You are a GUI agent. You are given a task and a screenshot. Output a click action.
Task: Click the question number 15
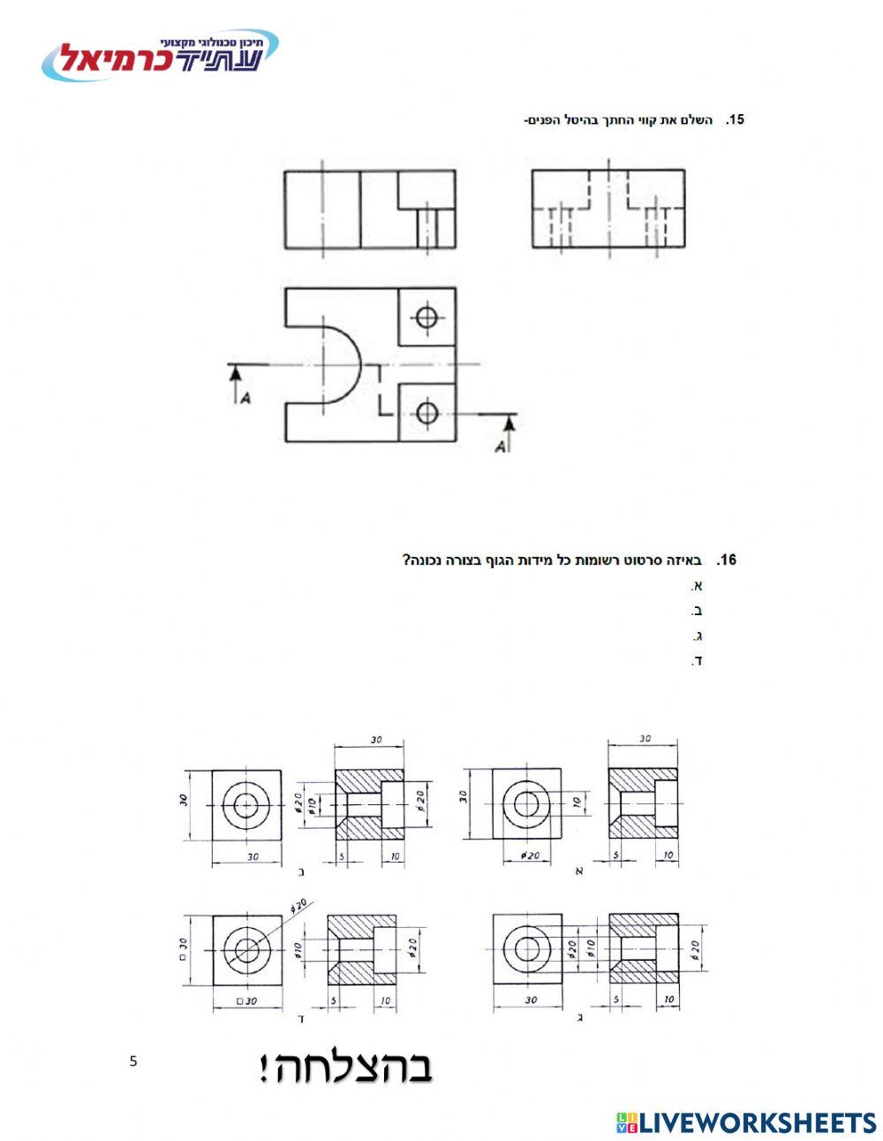coord(735,119)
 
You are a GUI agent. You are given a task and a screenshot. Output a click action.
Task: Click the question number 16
coord(727,559)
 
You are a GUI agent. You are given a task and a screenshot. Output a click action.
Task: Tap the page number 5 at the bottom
coord(132,1061)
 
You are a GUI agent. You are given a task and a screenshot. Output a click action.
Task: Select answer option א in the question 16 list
coord(697,585)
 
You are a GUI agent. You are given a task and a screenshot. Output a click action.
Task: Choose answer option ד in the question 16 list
coord(697,660)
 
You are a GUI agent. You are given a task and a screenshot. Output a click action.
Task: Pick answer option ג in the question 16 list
coord(698,635)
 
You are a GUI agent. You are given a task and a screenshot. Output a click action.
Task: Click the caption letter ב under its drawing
coord(301,872)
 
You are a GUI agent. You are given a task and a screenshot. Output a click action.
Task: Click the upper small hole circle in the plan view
coord(426,317)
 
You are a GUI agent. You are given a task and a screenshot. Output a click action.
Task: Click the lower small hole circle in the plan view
coord(426,414)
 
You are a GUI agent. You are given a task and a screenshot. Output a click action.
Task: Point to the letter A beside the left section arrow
coord(245,399)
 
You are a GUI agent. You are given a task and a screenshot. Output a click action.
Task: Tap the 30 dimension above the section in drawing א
coord(645,739)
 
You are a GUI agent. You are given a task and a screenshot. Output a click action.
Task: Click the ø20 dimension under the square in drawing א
coord(530,856)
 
